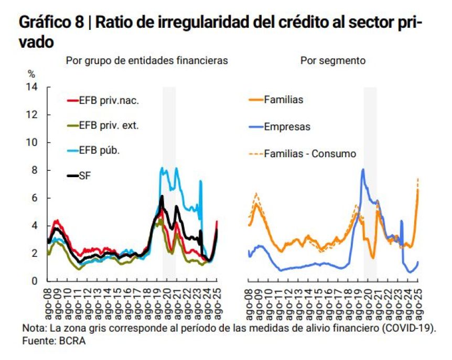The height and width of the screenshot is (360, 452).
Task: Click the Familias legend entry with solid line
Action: point(284,100)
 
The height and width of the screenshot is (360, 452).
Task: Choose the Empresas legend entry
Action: point(287,127)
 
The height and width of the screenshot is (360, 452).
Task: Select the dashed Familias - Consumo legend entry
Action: point(310,154)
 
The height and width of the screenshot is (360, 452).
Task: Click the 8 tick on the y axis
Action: point(35,170)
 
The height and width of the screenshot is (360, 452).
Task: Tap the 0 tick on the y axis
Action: point(35,281)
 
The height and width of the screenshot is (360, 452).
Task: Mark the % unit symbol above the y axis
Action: point(31,74)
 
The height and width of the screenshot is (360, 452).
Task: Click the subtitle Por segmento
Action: point(333,61)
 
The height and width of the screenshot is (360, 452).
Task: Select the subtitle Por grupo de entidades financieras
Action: point(146,61)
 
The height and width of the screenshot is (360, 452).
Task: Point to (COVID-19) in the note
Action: point(408,329)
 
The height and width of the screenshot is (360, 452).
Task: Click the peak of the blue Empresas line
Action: point(363,169)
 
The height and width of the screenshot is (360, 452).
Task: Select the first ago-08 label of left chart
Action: point(49,301)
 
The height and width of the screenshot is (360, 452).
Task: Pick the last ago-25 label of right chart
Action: point(418,301)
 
